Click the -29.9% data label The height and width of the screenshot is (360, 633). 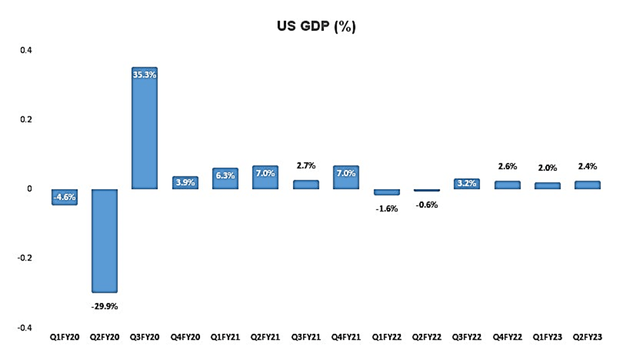click(104, 305)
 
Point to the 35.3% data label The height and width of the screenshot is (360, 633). click(144, 75)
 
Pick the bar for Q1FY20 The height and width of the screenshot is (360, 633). click(64, 196)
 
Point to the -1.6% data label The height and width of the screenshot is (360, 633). click(387, 209)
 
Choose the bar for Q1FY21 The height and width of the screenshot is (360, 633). click(225, 179)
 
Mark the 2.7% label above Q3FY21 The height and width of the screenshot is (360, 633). click(306, 164)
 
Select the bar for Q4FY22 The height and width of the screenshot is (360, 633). click(507, 185)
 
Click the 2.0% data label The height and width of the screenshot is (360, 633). click(547, 167)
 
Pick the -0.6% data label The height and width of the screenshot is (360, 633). click(427, 205)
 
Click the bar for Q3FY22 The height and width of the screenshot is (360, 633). click(467, 184)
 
